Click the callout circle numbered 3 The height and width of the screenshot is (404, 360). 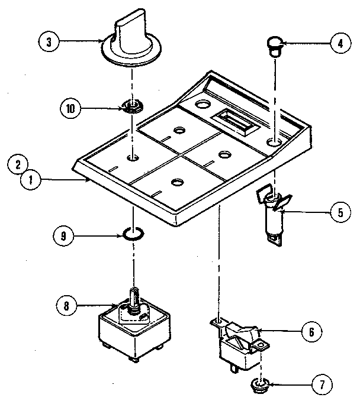49,42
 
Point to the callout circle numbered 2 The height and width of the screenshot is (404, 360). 19,163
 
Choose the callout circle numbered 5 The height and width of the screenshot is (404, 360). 339,212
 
